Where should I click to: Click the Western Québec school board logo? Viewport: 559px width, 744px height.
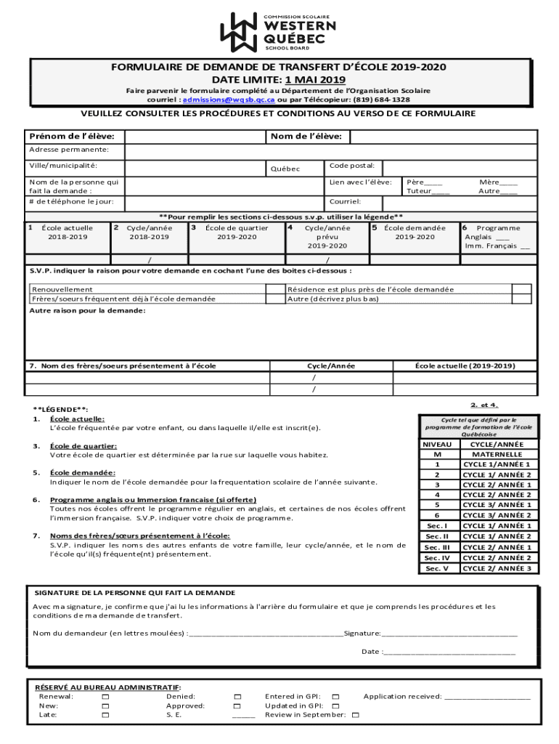(279, 31)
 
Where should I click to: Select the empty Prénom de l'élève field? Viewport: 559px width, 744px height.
(195, 137)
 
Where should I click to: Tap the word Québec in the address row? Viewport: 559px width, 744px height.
(285, 169)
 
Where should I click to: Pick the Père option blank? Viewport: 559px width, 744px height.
(433, 182)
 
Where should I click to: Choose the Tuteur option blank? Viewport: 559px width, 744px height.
(439, 192)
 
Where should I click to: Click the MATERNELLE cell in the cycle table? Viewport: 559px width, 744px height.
(497, 454)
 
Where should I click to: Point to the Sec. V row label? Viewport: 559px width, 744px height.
(437, 568)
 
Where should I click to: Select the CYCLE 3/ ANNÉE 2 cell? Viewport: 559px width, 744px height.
(497, 515)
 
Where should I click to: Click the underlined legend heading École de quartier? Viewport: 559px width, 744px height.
(83, 445)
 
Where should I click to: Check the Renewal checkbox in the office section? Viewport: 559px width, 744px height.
(105, 697)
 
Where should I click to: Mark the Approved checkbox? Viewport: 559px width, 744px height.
(237, 705)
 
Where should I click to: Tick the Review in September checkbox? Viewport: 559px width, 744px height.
(355, 715)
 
